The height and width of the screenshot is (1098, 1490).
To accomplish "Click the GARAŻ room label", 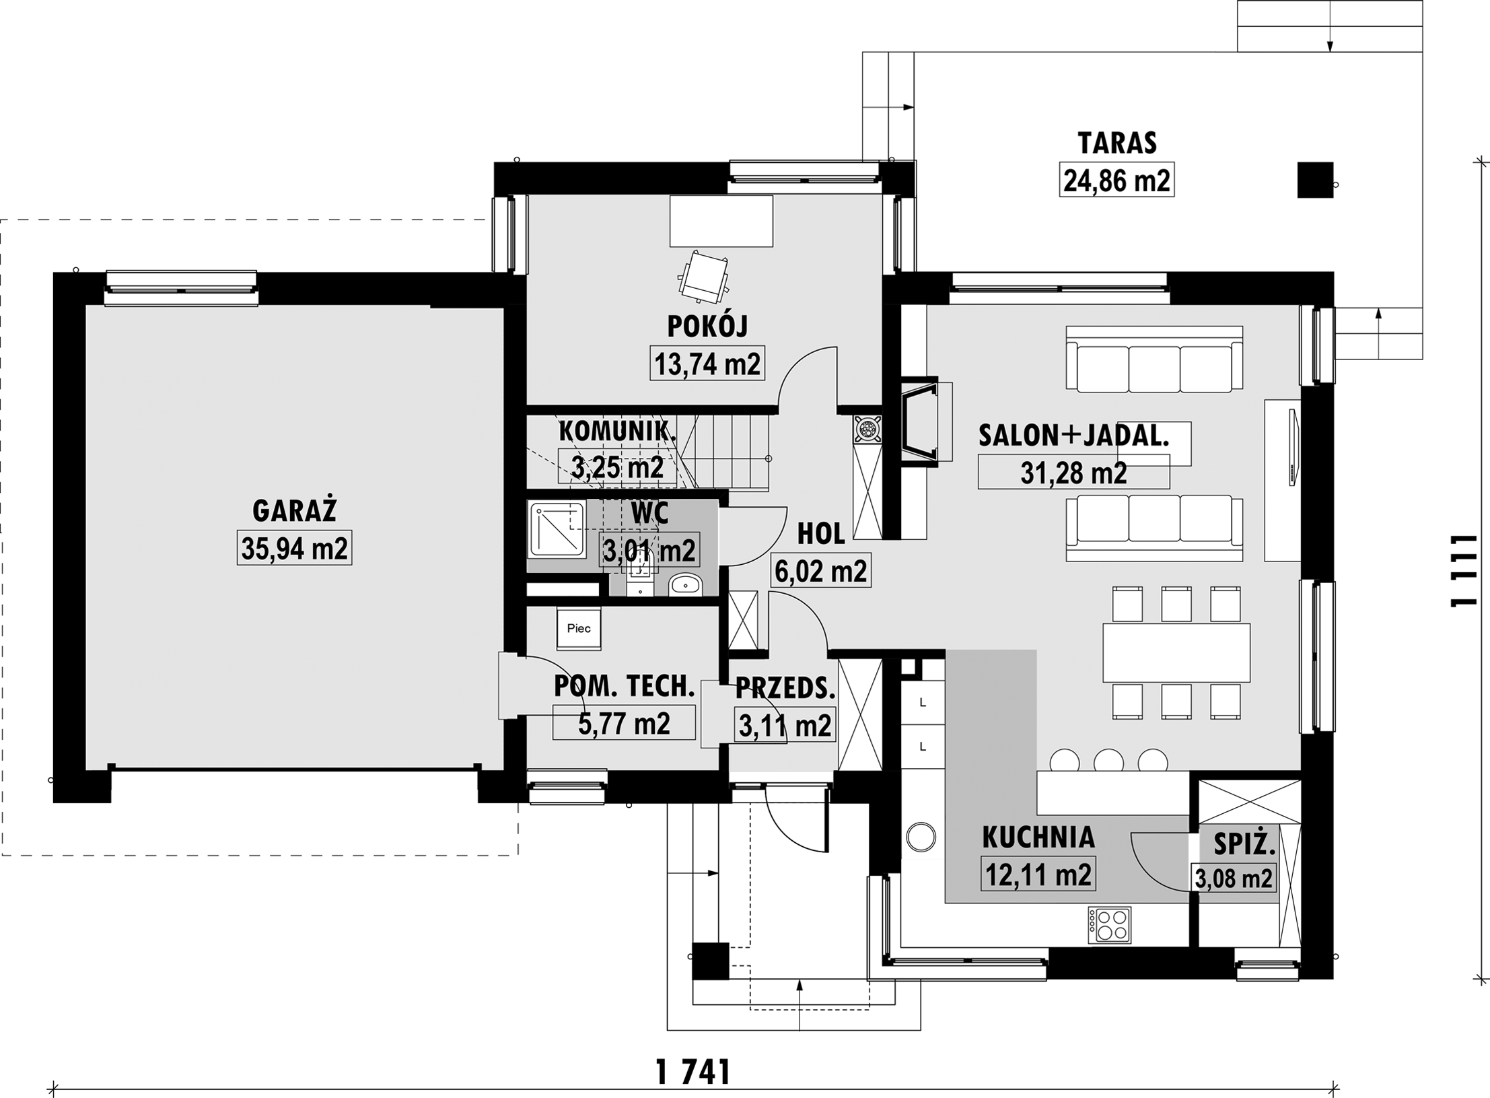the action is pyautogui.click(x=294, y=511).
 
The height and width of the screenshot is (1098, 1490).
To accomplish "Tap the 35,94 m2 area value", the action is pyautogui.click(x=294, y=549).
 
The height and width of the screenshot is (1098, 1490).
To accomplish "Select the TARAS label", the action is pyautogui.click(x=1117, y=143).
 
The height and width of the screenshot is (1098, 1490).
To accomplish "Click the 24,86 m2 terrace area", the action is pyautogui.click(x=1117, y=180).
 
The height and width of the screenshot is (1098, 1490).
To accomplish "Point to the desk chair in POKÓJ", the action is pyautogui.click(x=704, y=276).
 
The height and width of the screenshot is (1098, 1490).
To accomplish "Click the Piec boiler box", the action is pyautogui.click(x=579, y=628).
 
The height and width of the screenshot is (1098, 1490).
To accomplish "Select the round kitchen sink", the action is pyautogui.click(x=921, y=837).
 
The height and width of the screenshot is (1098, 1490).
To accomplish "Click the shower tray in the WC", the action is pyautogui.click(x=557, y=530).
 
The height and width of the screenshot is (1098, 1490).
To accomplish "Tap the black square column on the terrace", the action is pyautogui.click(x=1315, y=180).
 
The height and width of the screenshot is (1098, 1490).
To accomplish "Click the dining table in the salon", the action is pyautogui.click(x=1176, y=652).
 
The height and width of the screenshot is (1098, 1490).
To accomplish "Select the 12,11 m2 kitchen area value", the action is pyautogui.click(x=1038, y=874).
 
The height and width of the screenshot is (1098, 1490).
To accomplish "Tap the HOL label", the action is pyautogui.click(x=821, y=534).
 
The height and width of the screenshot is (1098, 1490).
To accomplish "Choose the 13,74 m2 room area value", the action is pyautogui.click(x=707, y=364).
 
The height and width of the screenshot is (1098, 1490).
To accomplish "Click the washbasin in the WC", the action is pyautogui.click(x=686, y=584).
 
